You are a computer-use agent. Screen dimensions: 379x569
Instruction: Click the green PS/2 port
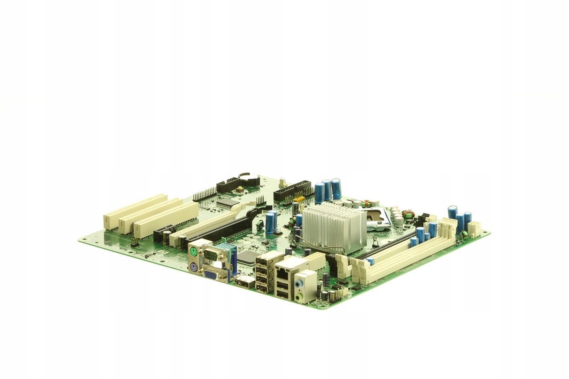(193, 252)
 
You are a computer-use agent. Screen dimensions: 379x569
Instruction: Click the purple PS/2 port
(194, 268)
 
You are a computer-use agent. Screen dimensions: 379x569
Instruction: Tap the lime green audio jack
(300, 297)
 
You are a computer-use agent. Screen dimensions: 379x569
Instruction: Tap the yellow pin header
(299, 199)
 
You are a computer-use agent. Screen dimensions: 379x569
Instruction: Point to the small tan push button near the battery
(241, 189)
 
